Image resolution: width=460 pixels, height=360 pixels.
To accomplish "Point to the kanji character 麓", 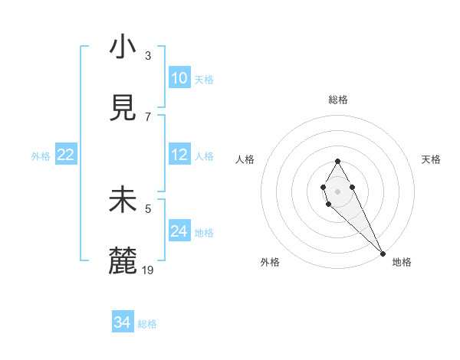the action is [123, 262].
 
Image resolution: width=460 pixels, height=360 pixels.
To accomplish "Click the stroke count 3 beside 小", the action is [148, 56].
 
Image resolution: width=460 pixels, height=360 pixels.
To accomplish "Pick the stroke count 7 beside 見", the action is [148, 117].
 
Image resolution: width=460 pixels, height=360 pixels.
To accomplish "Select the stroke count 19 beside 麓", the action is [149, 270].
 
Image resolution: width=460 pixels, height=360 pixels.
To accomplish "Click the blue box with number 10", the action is [179, 78].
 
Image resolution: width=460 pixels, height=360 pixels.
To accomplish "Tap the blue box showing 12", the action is [179, 155].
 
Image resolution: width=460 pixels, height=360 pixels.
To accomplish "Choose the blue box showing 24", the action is [179, 231].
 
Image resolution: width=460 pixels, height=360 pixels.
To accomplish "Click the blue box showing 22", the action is [66, 155].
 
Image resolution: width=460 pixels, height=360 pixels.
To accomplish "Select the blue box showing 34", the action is [123, 322].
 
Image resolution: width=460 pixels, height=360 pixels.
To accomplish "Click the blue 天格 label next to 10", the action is [203, 80].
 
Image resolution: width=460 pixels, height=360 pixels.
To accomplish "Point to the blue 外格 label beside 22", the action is [41, 156].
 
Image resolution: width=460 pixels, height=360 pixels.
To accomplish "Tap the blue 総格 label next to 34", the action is [147, 324].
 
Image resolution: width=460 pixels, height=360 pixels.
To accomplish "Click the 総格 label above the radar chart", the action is [338, 100].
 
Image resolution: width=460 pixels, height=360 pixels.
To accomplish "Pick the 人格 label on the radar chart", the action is [245, 159].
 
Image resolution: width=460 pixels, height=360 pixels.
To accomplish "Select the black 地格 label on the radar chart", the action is [402, 263].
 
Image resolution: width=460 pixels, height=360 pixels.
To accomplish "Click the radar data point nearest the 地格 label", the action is [383, 254].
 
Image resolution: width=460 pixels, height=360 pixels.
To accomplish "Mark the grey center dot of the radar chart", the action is [337, 190].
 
